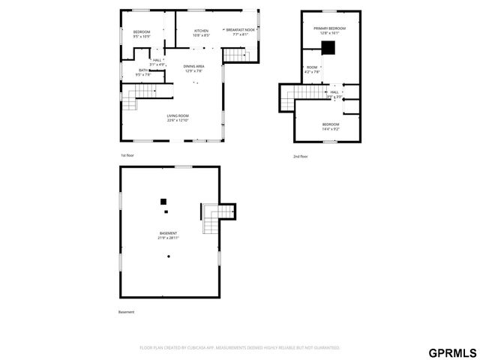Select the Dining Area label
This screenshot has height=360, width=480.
coord(194,69)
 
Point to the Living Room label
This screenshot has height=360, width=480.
coord(178,118)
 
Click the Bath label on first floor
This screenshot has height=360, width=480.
coord(142,73)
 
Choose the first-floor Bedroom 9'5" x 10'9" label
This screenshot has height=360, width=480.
coord(142,34)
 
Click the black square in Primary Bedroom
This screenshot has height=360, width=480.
coord(328,47)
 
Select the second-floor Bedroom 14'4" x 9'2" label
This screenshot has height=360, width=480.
coord(331,127)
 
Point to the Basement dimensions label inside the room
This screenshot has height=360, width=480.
coord(169,235)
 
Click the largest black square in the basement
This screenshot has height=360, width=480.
coord(163,201)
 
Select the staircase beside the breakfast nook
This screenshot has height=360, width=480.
coord(235,56)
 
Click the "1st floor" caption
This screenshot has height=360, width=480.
coord(128,156)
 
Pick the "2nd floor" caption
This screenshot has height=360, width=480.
coord(300,156)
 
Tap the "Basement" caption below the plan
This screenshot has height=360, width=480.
coord(127,312)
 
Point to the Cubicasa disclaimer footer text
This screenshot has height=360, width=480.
coord(240,347)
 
